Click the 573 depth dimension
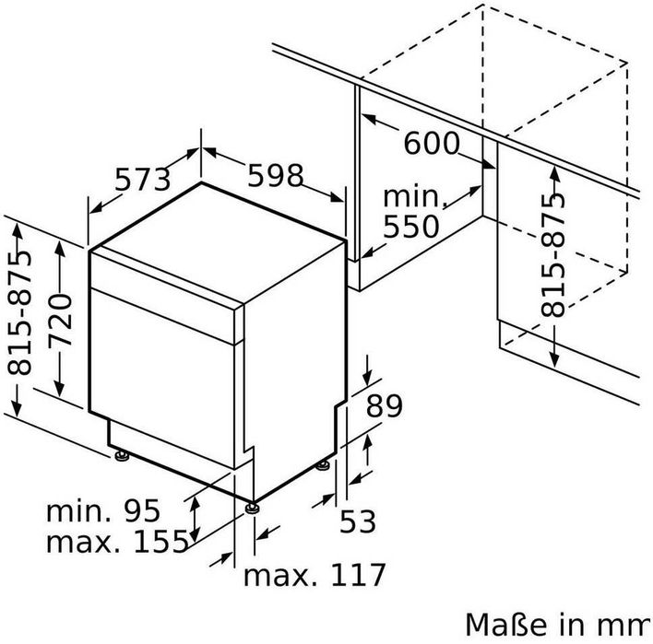tap(142, 180)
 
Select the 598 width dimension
tap(275, 175)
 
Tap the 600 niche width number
tap(432, 143)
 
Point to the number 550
tap(411, 227)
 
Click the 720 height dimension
tap(60, 320)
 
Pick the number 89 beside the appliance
tap(384, 405)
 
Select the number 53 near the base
tap(358, 521)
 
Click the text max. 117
tap(315, 575)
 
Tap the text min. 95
tap(103, 510)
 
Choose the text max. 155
tap(117, 542)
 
